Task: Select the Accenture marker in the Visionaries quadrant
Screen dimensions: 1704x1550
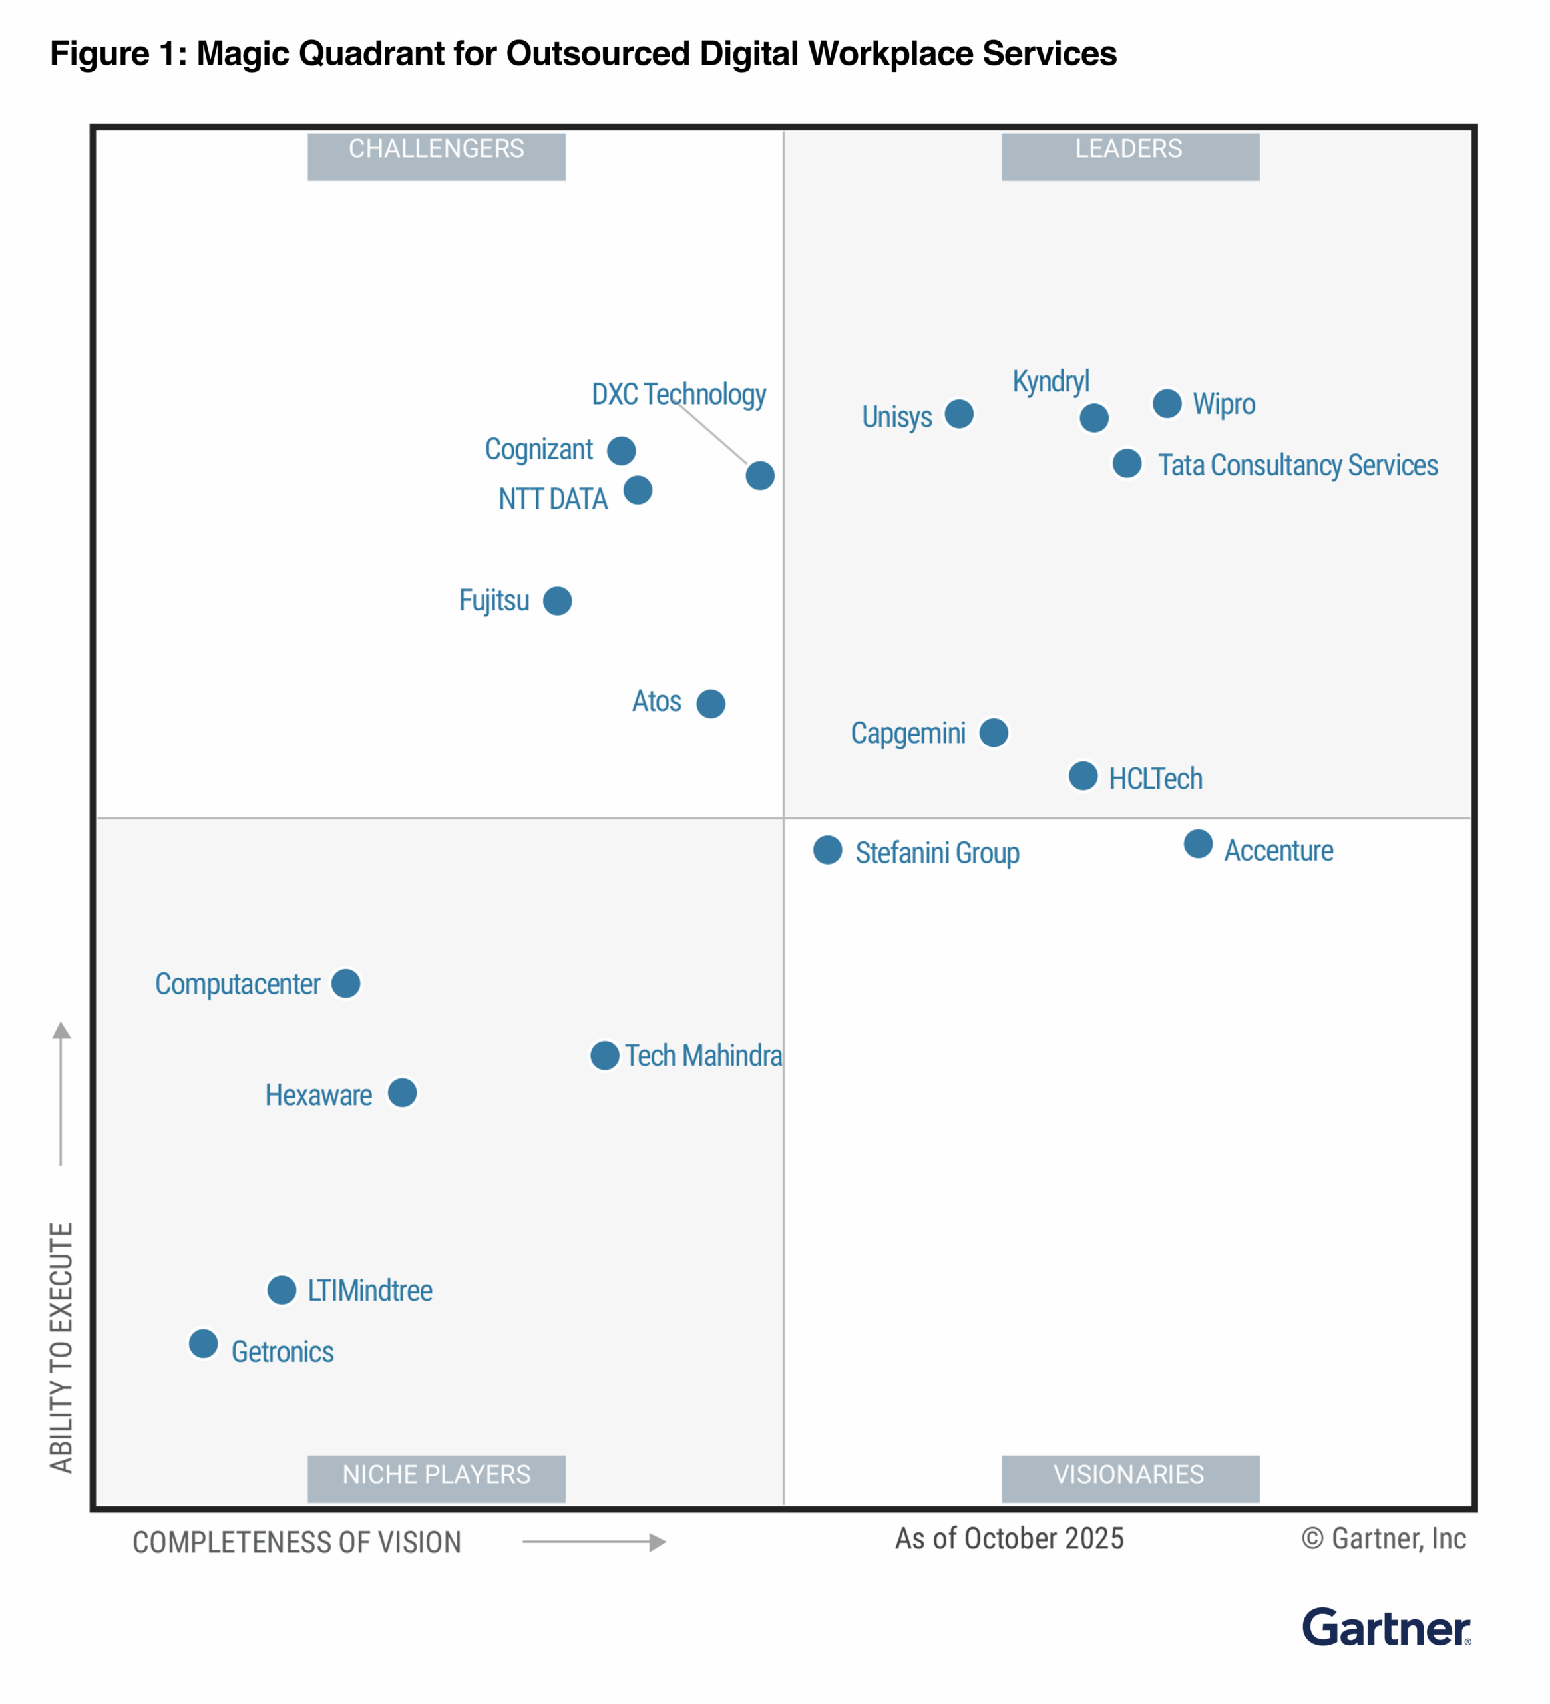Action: coord(1197,843)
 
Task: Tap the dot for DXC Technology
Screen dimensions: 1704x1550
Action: coord(760,475)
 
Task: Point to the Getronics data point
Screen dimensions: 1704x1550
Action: coord(203,1343)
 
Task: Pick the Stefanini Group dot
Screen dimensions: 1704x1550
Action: coord(827,849)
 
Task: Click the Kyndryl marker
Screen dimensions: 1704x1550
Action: coord(1093,417)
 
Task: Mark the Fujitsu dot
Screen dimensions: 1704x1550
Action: coord(557,601)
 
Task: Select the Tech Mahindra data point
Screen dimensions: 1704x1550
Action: coord(604,1055)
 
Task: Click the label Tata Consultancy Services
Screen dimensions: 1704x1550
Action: coord(1297,465)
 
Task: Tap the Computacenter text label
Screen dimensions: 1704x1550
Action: coord(238,984)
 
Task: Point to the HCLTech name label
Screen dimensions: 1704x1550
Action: coord(1155,779)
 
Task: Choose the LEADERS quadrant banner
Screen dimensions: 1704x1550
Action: coord(1130,156)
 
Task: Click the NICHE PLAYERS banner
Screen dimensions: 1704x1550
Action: coord(436,1478)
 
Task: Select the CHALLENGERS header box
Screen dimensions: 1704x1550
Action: coord(436,156)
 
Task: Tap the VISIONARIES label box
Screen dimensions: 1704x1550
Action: coord(1130,1478)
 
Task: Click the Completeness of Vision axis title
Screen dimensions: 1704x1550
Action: coord(297,1542)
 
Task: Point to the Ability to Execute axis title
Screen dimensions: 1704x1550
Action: coord(61,1347)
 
